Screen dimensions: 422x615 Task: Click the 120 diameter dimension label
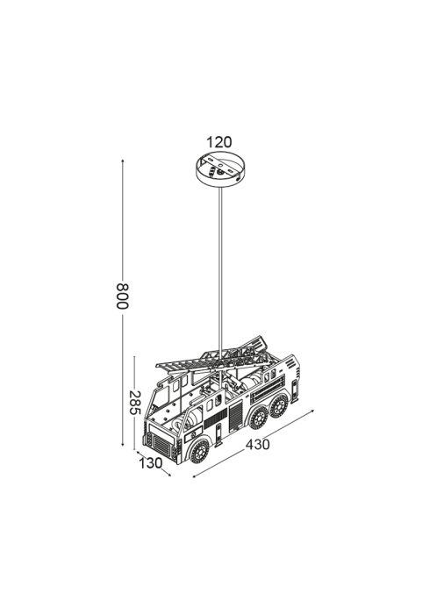(x=219, y=142)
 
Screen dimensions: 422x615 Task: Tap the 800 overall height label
(x=122, y=296)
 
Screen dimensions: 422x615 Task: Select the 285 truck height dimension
(x=134, y=403)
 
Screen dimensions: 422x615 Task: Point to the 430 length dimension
(x=258, y=445)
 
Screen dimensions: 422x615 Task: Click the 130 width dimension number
(x=151, y=463)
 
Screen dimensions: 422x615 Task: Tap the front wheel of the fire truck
(x=199, y=451)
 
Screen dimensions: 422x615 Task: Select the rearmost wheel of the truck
(x=279, y=406)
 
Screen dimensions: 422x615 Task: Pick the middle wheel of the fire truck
(x=259, y=418)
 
